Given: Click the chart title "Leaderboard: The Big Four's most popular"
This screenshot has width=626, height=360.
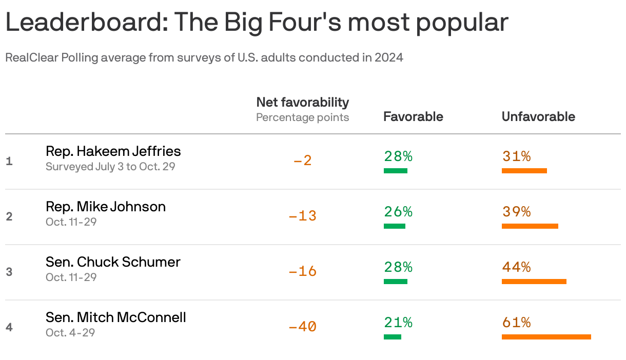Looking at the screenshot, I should click(257, 23).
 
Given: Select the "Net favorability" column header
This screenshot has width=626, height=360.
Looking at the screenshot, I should click(302, 102).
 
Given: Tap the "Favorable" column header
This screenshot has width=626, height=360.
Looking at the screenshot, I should click(413, 116).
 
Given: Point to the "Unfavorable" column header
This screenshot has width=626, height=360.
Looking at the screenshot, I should click(538, 116).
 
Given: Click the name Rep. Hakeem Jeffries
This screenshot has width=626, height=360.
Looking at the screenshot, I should click(113, 151).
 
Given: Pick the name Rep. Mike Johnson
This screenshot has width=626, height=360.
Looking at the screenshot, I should click(105, 207).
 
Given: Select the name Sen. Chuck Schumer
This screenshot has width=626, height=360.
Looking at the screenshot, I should click(113, 262).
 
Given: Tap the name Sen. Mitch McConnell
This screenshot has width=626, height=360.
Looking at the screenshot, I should click(115, 317).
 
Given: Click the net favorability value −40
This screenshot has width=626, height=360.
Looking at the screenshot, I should click(303, 326).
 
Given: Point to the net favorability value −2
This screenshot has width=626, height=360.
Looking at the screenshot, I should click(303, 161).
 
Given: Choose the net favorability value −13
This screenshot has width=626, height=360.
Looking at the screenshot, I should click(303, 216).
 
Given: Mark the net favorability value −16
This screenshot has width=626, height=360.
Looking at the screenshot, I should click(303, 271).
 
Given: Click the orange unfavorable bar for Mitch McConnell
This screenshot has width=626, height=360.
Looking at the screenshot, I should click(546, 337).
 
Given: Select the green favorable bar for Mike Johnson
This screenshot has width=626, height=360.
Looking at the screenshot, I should click(394, 226).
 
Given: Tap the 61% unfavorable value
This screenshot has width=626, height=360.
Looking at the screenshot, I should click(516, 323).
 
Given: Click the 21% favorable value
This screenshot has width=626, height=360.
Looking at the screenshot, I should click(398, 323).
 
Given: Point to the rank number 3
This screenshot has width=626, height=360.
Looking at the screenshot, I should click(9, 272).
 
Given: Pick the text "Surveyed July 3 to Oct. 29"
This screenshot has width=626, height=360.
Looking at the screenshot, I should click(110, 167).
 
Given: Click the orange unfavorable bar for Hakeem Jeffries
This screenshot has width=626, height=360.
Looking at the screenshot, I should click(524, 171).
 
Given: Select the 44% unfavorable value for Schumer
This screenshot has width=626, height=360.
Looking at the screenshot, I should click(516, 267).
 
